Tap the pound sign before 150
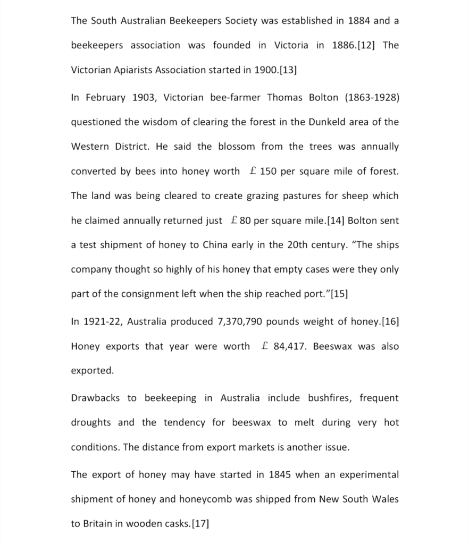pyautogui.click(x=253, y=171)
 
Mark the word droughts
pyautogui.click(x=91, y=422)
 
